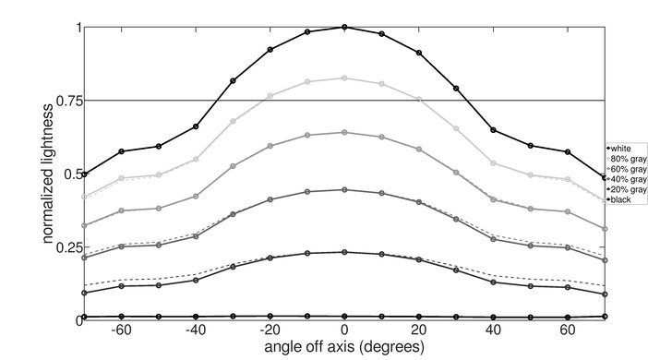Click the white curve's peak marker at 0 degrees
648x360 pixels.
coord(344,27)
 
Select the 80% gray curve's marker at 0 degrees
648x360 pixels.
coord(344,78)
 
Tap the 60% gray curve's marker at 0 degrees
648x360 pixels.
coord(344,132)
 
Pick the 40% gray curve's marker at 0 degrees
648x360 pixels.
coord(344,189)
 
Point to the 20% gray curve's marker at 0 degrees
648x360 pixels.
coord(344,252)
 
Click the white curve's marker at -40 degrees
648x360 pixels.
coord(196,126)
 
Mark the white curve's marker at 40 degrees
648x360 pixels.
coord(494,130)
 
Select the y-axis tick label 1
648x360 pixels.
coord(76,28)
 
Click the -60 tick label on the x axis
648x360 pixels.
coord(119,330)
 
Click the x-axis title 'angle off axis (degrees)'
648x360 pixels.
coord(344,347)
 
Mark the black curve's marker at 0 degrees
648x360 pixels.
coord(344,317)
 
